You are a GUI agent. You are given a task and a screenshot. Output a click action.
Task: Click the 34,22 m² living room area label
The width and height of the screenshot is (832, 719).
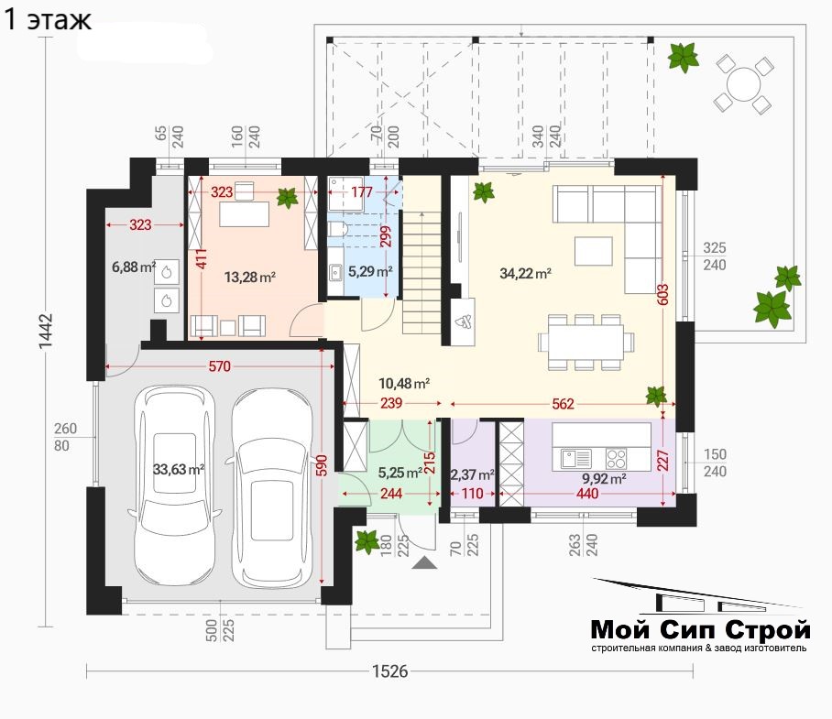click(525, 274)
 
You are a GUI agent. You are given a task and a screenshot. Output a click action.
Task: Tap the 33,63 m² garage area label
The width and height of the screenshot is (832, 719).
click(179, 469)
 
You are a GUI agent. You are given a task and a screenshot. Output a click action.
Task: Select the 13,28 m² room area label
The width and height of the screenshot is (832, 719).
click(249, 277)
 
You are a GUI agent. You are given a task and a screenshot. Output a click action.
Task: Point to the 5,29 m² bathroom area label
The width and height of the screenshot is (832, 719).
click(370, 271)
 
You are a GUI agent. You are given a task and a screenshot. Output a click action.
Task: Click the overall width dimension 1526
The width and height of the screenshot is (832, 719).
click(390, 671)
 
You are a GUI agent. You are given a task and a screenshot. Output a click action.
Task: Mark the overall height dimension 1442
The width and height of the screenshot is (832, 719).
click(46, 332)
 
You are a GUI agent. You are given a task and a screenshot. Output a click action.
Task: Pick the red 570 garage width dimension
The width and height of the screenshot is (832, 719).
click(219, 365)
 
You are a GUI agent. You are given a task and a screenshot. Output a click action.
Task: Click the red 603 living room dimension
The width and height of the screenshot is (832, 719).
click(662, 295)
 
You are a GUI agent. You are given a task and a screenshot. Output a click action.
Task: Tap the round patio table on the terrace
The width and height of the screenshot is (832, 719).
click(743, 83)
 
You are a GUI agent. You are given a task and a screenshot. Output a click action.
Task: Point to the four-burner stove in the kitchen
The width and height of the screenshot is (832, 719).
click(616, 458)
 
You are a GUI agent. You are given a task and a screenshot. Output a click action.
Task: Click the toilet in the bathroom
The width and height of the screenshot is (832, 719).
click(337, 230)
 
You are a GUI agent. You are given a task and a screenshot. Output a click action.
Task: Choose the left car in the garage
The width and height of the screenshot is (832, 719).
click(175, 485)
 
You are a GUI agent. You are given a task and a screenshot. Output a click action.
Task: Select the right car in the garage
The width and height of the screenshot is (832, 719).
click(270, 488)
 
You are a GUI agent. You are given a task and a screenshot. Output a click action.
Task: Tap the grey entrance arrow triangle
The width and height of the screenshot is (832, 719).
click(424, 562)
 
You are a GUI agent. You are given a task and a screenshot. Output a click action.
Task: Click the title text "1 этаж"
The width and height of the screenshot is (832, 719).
click(49, 20)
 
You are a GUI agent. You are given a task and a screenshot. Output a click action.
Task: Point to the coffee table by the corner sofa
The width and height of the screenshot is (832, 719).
click(593, 251)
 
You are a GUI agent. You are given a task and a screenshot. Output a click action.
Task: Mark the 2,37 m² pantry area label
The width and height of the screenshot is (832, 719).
click(473, 474)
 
